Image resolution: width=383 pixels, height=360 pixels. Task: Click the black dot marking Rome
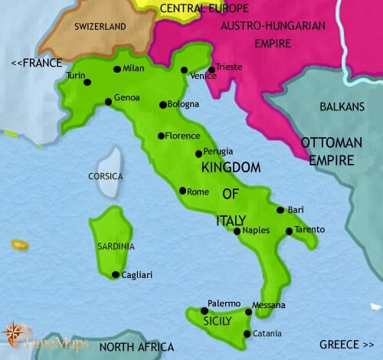(x=182, y=191)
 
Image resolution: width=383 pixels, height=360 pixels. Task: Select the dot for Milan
(x=116, y=69)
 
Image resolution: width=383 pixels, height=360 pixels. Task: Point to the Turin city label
(x=77, y=75)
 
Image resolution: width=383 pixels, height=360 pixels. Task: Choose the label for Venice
(x=202, y=76)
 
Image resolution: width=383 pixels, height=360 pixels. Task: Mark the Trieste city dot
(x=211, y=70)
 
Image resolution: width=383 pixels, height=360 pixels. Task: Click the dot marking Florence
(x=160, y=136)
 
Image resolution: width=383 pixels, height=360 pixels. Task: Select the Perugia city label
(x=218, y=152)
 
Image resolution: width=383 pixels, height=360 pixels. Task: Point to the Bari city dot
(x=280, y=209)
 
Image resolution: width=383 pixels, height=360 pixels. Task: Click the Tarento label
(x=309, y=230)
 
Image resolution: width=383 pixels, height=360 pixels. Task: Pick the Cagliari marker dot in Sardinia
(x=115, y=275)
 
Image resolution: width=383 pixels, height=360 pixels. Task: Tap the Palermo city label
(x=224, y=304)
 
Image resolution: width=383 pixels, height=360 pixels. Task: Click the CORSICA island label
(x=106, y=176)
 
